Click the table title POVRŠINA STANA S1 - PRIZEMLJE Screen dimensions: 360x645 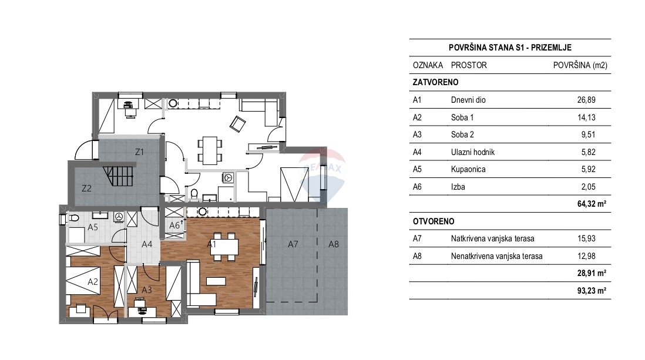[509, 48]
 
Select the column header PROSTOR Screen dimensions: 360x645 [469, 65]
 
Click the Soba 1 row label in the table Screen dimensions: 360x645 [462, 117]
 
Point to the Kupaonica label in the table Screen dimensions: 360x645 [468, 170]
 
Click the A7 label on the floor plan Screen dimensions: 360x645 [291, 244]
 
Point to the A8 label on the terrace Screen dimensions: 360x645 [333, 244]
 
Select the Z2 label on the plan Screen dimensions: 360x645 [86, 189]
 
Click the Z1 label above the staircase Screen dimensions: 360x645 [139, 152]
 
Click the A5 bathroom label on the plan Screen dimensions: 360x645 [93, 227]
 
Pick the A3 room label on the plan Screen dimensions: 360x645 [147, 290]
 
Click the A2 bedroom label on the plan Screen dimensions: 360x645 [92, 282]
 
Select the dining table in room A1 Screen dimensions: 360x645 [225, 247]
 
